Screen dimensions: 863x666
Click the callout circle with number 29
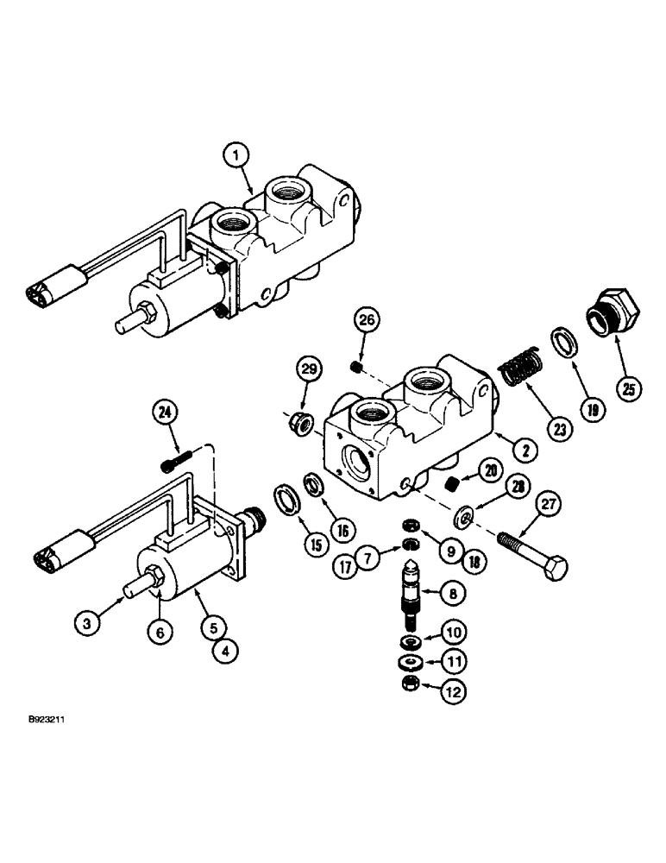click(309, 373)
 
